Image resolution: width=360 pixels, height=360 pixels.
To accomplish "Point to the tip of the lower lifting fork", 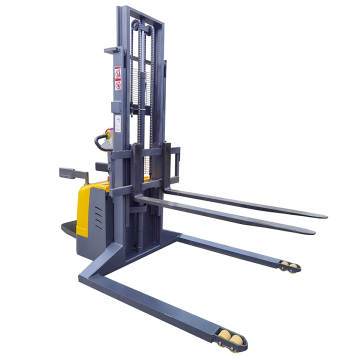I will click(x=312, y=231).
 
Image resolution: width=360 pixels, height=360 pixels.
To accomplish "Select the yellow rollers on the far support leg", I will click(x=289, y=265).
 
